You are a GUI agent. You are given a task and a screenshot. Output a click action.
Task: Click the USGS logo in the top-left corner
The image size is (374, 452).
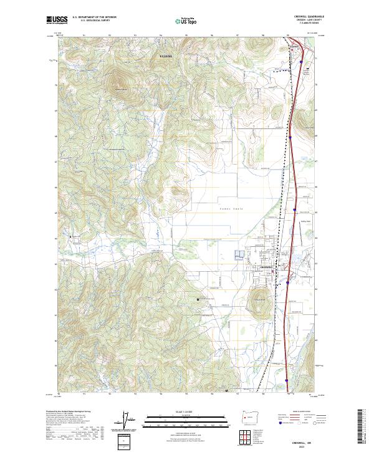56,20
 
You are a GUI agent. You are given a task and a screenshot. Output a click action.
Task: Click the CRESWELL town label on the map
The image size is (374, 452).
267,267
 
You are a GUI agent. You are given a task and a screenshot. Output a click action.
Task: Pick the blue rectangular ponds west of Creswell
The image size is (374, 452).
239,255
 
